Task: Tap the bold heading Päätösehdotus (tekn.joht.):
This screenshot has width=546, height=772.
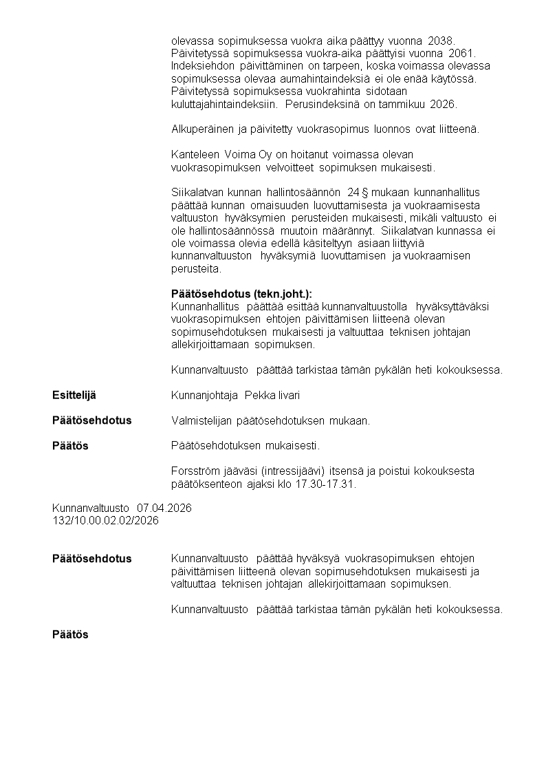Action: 245,294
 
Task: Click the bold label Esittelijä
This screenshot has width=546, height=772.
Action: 74,395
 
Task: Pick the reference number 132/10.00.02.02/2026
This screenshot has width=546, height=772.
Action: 105,520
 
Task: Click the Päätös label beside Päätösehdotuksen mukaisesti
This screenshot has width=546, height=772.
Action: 70,446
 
